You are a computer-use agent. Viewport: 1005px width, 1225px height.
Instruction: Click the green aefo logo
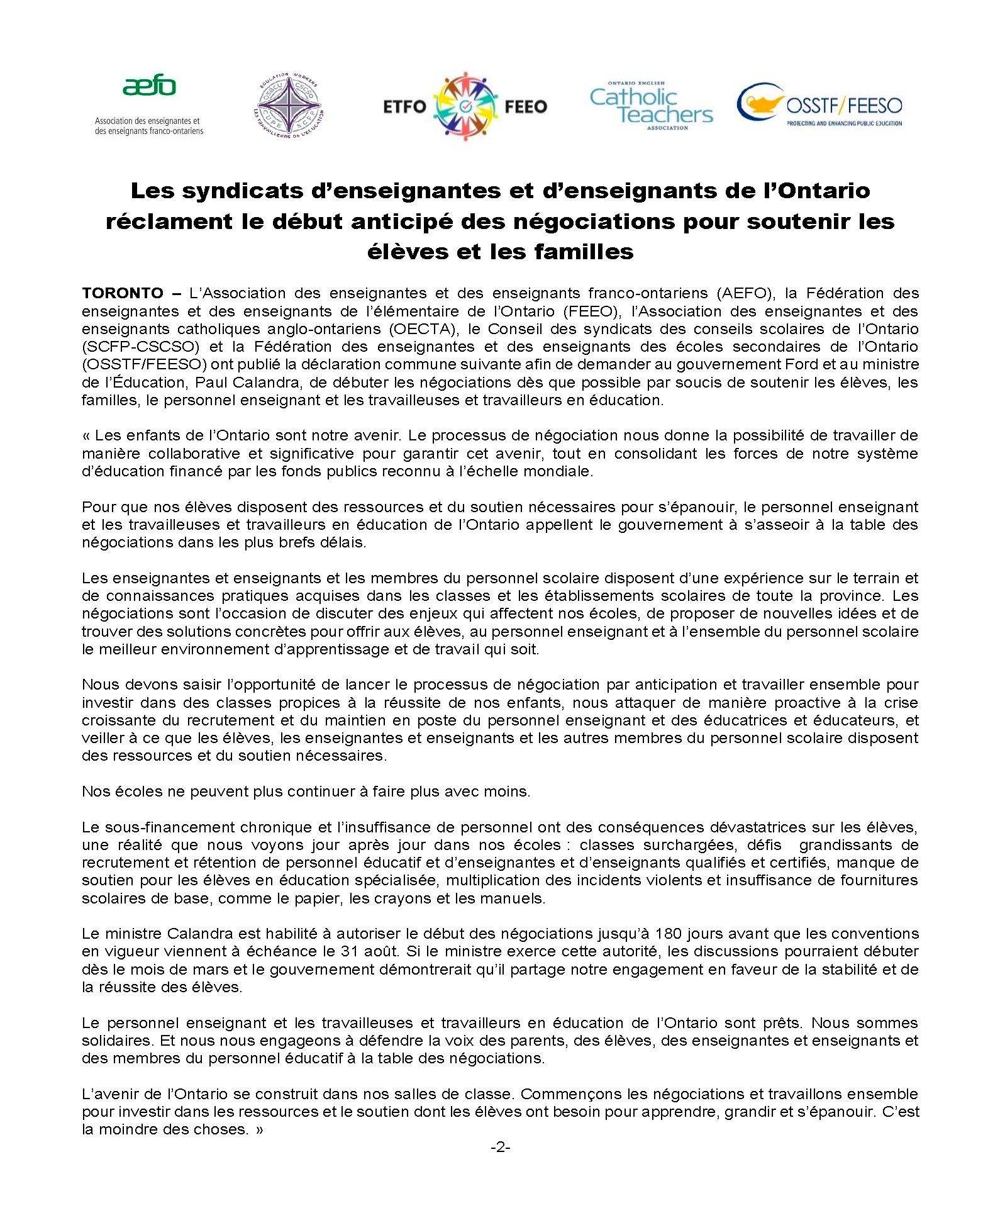coord(149,86)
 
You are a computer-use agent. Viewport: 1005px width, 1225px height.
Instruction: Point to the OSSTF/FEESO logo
coord(819,105)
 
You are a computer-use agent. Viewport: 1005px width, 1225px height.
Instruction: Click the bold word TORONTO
coord(122,293)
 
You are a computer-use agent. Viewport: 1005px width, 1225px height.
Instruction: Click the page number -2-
coord(500,1147)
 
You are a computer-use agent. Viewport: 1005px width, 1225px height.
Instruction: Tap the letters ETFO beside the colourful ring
coord(405,106)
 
